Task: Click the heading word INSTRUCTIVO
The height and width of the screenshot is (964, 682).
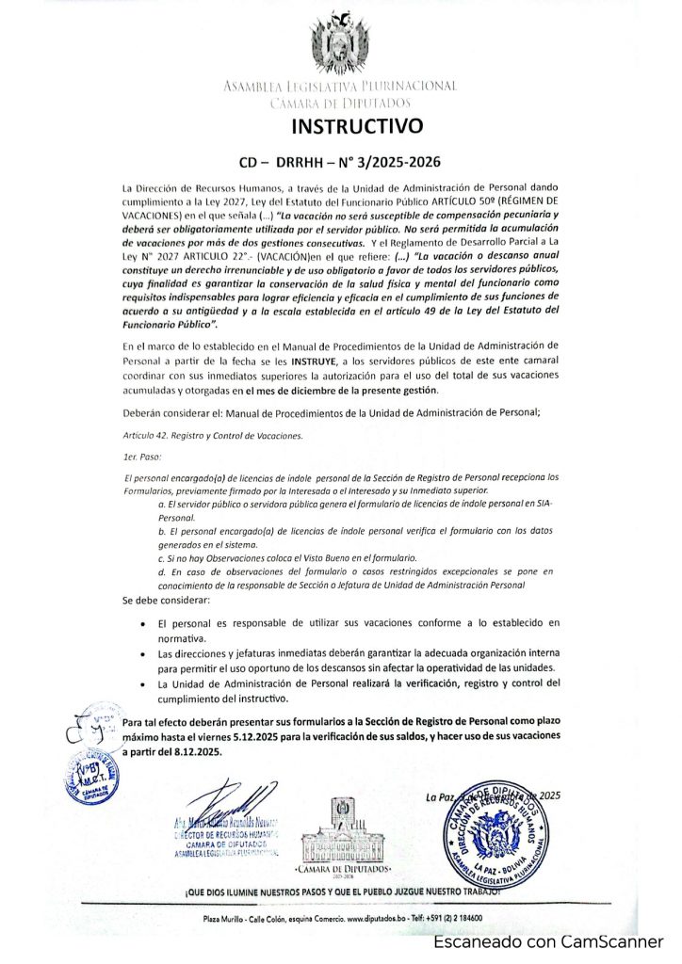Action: point(342,125)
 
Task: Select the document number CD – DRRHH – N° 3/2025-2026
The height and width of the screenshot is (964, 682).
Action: point(340,161)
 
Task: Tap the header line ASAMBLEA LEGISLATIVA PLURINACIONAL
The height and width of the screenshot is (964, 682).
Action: point(340,87)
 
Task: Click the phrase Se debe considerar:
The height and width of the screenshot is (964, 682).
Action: point(167,600)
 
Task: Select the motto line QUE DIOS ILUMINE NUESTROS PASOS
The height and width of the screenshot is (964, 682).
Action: point(341,889)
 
